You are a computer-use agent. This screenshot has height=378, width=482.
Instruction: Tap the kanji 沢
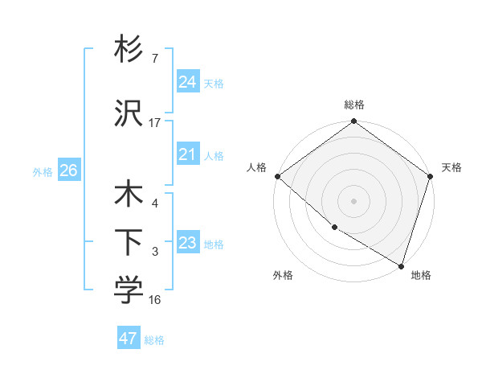pos(129,114)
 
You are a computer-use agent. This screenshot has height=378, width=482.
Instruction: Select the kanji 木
pos(129,195)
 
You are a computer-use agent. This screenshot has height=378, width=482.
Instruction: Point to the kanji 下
pos(129,242)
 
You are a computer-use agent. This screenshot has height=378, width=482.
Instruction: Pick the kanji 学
pos(129,290)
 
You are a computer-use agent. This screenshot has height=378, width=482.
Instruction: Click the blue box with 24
pos(188,82)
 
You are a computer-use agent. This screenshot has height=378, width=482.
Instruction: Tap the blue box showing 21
pos(188,154)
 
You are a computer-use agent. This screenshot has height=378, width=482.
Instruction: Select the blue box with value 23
pos(188,243)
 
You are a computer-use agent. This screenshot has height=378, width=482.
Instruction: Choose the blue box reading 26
pos(68,171)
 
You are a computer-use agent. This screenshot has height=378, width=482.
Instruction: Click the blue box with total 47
pos(129,339)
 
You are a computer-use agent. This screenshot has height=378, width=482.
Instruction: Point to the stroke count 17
pos(155,123)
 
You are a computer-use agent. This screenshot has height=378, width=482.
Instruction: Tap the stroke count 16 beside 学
pos(155,300)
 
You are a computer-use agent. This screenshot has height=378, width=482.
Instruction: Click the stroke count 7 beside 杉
pos(154,59)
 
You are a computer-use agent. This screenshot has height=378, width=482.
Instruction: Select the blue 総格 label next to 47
pos(154,340)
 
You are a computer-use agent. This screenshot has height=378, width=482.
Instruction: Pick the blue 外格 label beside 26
pos(42,172)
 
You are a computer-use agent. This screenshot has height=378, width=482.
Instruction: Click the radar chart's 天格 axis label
pos(451,167)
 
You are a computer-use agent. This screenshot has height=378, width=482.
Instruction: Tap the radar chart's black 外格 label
pos(283,276)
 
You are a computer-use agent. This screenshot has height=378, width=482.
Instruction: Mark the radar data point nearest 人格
pos(277,176)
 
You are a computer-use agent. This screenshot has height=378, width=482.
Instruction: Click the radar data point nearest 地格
pos(400,265)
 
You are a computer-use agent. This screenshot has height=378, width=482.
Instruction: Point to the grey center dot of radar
pos(353,200)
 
